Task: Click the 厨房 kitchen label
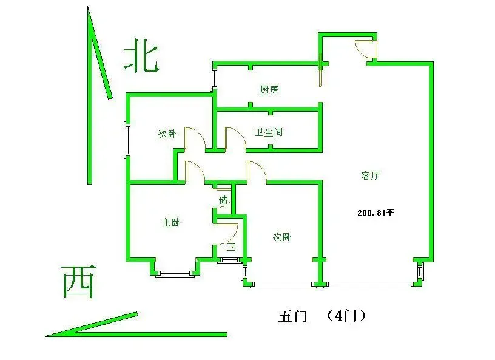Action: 269,89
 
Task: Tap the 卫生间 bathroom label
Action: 269,132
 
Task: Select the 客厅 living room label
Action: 370,175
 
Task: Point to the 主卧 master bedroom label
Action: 171,223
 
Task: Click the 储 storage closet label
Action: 223,200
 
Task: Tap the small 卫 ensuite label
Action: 231,246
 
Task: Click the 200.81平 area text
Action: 375,212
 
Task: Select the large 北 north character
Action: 141,56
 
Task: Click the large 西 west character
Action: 79,282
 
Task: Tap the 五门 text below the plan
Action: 292,316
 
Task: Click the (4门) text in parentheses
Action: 346,316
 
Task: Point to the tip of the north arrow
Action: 88,7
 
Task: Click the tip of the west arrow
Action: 46,336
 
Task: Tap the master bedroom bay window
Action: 175,274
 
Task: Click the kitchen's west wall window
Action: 214,78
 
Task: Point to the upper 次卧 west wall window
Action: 127,140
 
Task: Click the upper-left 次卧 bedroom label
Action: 167,134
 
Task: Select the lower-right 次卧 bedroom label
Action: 282,237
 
